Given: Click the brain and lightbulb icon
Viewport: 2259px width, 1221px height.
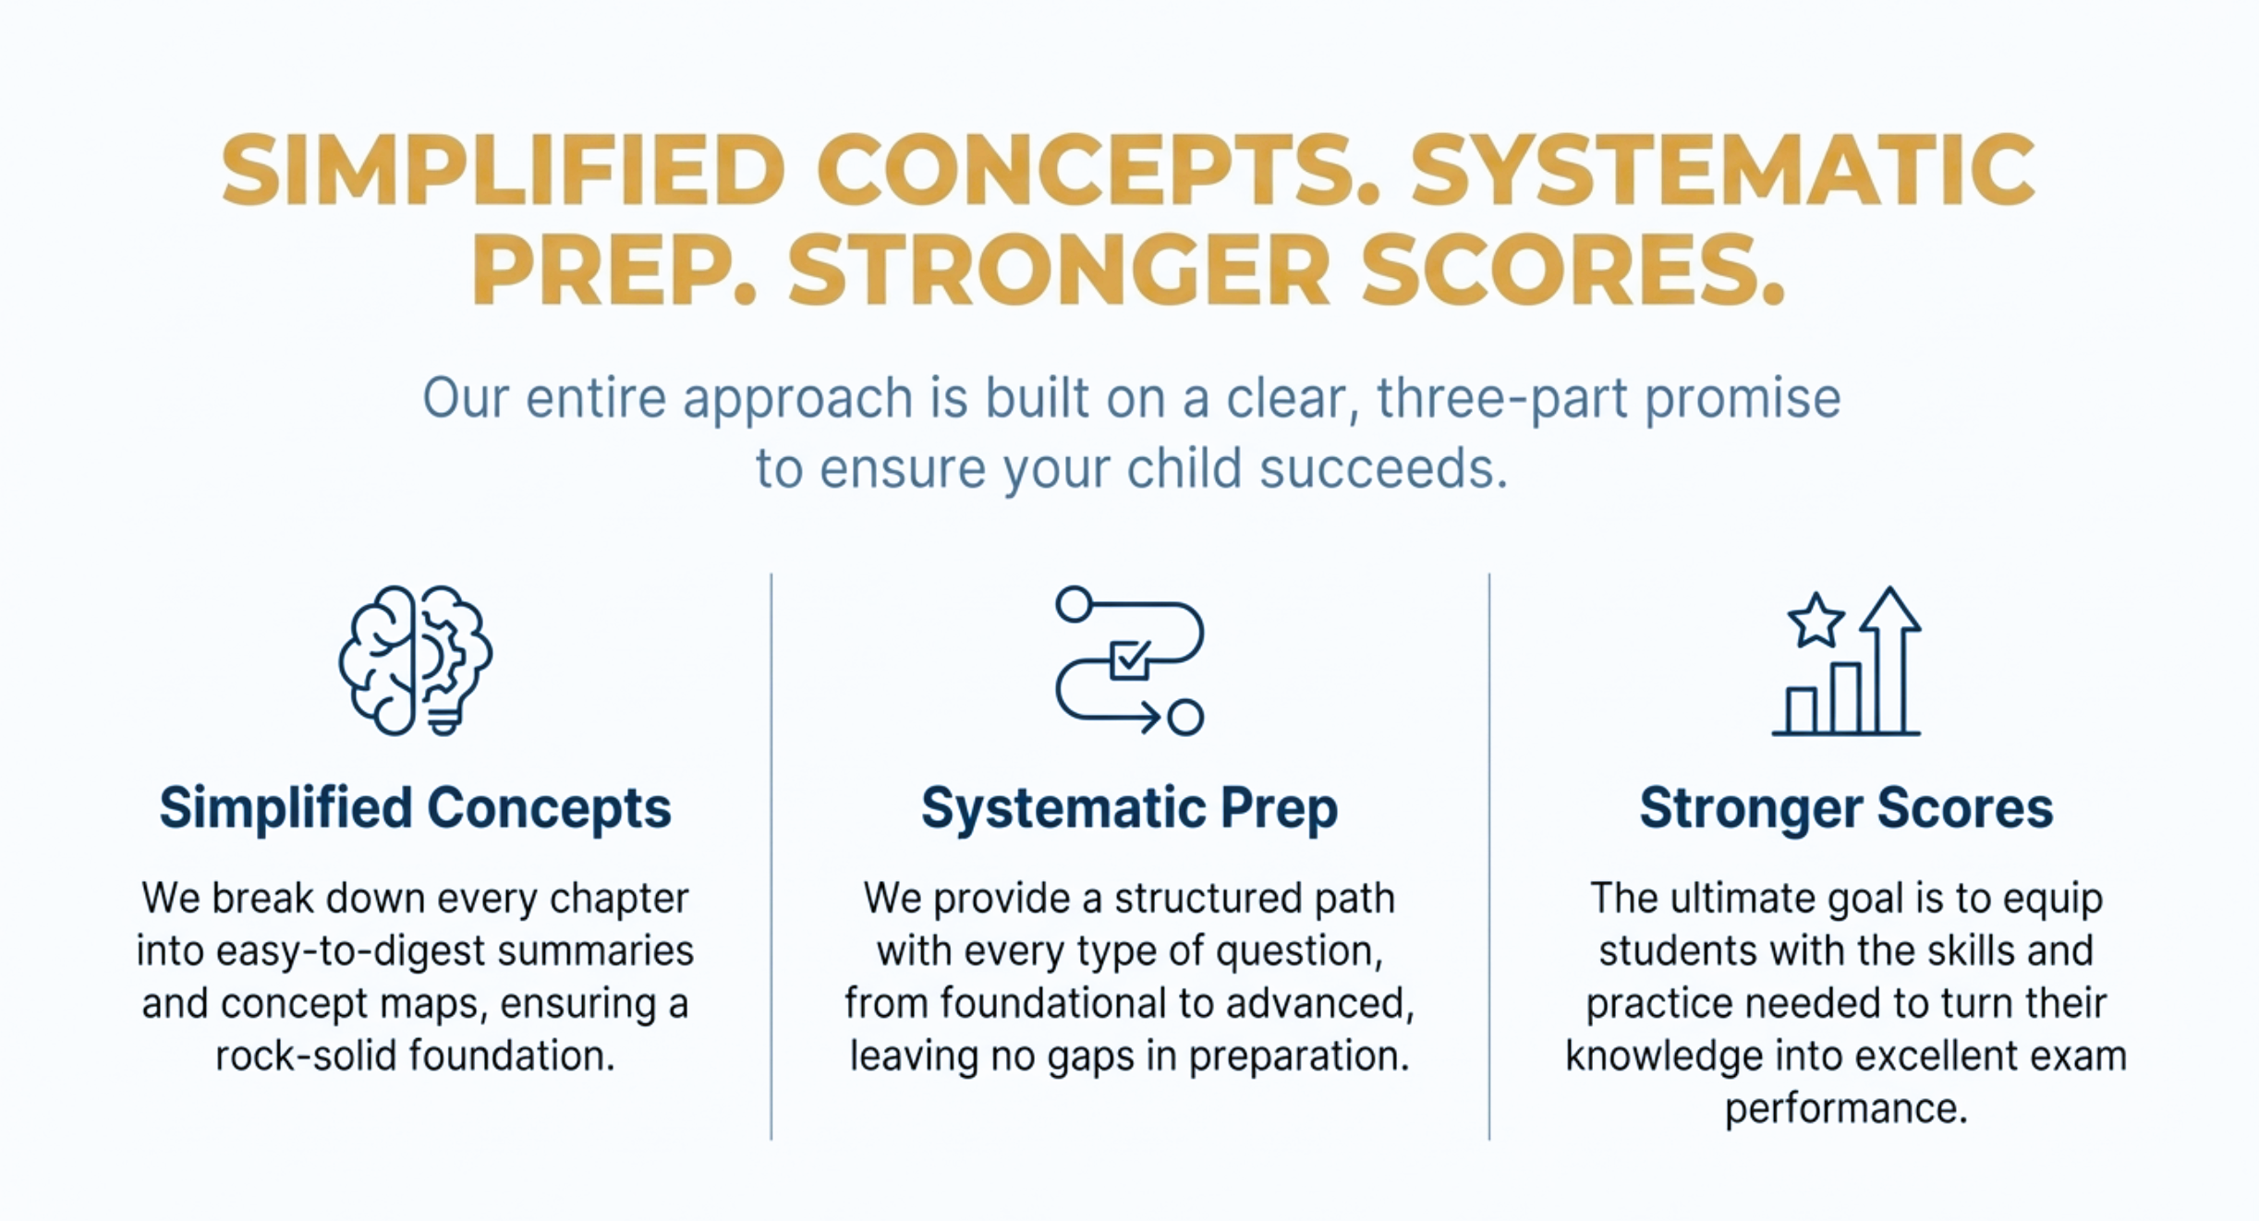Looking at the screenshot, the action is (x=415, y=660).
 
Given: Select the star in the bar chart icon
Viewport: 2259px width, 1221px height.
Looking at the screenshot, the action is (x=1816, y=621).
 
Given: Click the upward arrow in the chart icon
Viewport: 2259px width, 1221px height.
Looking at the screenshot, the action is (x=1890, y=658).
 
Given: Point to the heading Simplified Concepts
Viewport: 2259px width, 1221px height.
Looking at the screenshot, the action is (x=415, y=808).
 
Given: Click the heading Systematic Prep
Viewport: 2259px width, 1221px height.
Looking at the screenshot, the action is (x=1129, y=808).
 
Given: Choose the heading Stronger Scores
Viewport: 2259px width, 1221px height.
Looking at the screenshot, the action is (x=1846, y=808).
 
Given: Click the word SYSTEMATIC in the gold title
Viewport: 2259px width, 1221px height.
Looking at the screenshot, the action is (x=1722, y=170).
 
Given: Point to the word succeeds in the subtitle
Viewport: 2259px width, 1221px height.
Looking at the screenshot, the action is (x=1383, y=468).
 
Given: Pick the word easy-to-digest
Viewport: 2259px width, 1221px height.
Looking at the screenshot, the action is (x=351, y=951).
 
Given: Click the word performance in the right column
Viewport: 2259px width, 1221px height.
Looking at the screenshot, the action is (x=1846, y=1108).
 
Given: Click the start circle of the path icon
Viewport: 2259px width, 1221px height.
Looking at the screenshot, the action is (x=1075, y=604).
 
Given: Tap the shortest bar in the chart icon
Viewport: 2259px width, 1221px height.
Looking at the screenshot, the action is (x=1802, y=710).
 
